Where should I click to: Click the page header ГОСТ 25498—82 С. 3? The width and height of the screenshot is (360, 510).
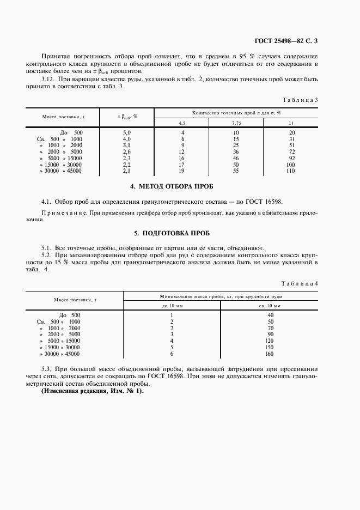(x=285, y=41)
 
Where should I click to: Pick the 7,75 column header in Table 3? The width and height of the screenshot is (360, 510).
(x=236, y=123)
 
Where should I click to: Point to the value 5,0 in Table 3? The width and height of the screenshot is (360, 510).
(x=127, y=132)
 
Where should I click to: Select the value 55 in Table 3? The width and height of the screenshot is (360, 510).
(x=236, y=171)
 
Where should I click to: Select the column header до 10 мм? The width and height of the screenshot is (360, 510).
(x=172, y=306)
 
